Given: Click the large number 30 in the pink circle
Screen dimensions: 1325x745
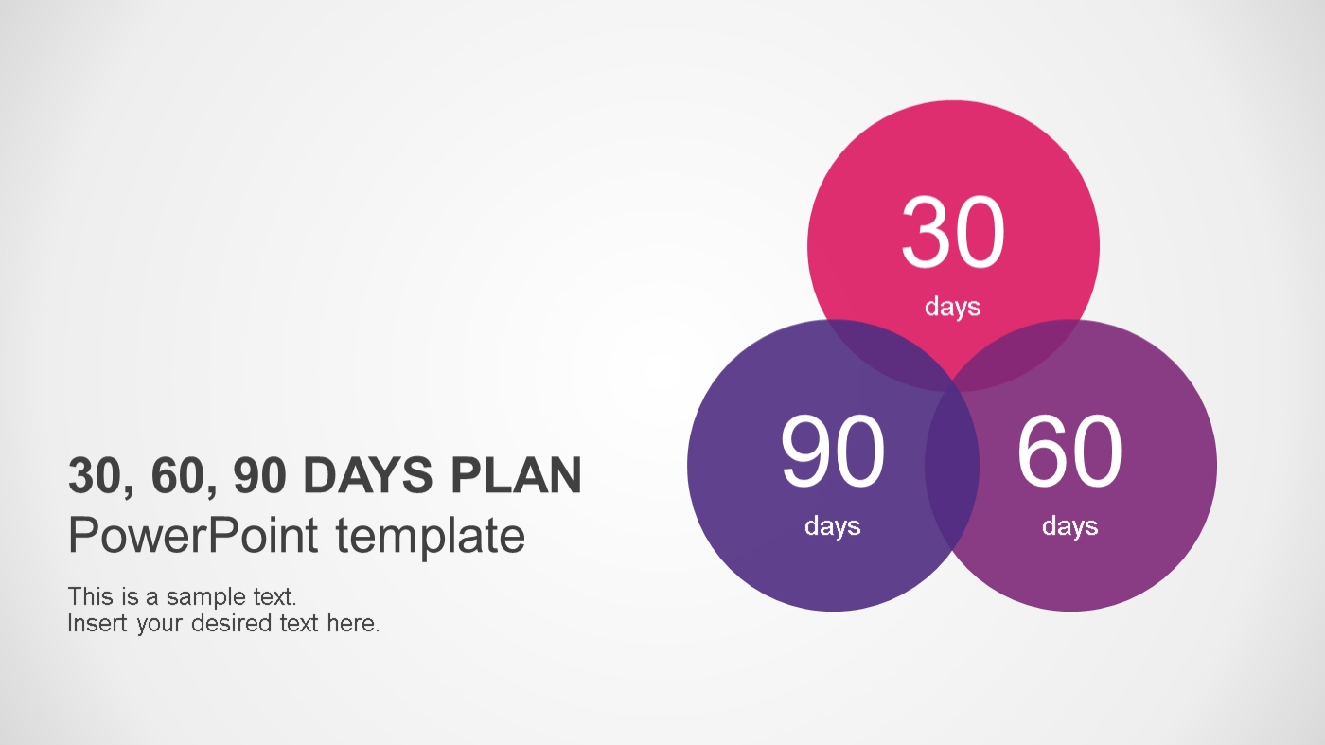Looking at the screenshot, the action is click(953, 232).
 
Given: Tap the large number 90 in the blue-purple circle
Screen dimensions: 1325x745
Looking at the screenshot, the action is click(833, 451).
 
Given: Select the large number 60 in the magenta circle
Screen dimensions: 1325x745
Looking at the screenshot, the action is click(1069, 451).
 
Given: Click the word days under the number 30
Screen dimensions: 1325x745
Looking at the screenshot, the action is click(952, 307).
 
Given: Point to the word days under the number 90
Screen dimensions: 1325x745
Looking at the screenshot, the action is click(832, 526).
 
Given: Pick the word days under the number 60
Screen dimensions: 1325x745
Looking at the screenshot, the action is click(1070, 526).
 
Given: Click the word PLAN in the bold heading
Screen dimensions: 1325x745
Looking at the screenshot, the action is click(517, 475).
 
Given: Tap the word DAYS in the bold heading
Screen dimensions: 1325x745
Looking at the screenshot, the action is click(368, 475).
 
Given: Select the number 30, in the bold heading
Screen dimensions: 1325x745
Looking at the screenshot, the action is click(101, 477).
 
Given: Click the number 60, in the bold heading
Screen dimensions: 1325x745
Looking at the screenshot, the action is click(184, 477).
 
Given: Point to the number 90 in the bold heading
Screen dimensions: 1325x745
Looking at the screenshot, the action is click(260, 475).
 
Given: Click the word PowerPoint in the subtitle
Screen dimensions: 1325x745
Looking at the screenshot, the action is click(193, 535).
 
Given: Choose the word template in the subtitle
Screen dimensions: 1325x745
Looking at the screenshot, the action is click(431, 538).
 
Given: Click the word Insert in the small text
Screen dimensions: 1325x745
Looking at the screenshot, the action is click(97, 623).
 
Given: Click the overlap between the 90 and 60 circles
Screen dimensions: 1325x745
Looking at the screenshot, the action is click(952, 466).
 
